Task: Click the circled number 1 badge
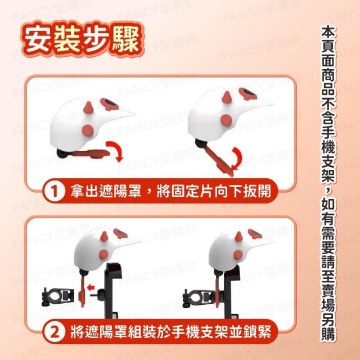tap(54, 191)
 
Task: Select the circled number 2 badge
tap(54, 332)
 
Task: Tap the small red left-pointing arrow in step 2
tap(91, 287)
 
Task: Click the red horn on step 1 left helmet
tap(88, 107)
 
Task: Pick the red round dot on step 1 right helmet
tap(226, 120)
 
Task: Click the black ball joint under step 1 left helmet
tap(62, 154)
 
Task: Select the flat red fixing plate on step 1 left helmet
tap(91, 154)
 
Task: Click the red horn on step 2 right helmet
tap(238, 237)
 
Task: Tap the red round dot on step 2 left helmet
tap(103, 254)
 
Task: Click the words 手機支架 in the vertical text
tap(328, 156)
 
